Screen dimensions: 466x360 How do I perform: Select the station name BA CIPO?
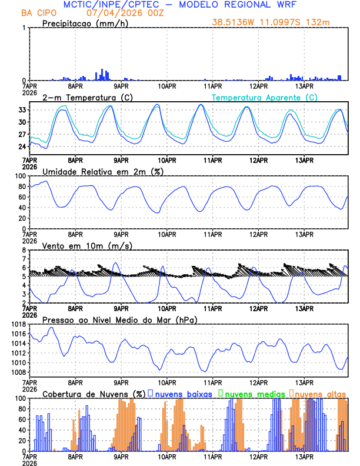[x=41, y=13]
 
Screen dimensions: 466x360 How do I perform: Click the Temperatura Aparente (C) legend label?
[x=265, y=97]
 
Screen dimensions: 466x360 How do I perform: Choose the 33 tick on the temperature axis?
[x=22, y=110]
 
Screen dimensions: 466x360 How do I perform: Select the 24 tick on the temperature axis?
[x=22, y=147]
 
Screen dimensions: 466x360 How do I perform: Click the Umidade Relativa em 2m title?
[x=97, y=171]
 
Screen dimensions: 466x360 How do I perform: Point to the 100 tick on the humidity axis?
[x=19, y=176]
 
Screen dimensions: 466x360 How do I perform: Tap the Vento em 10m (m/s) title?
[x=87, y=245]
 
